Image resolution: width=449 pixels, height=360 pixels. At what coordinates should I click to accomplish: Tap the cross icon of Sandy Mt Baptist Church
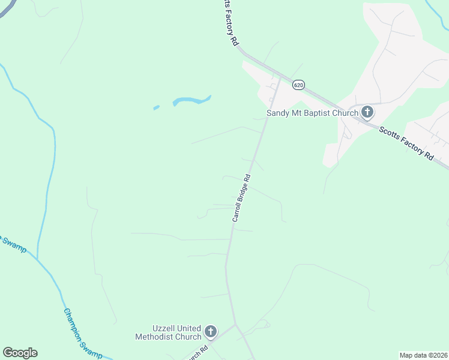[x=367, y=112]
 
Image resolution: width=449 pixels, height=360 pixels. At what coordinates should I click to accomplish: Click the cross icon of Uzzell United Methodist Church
[x=210, y=331]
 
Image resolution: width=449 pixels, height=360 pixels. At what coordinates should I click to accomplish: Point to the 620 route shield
[x=298, y=86]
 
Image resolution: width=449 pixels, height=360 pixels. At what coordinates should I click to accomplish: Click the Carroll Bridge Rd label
[x=241, y=198]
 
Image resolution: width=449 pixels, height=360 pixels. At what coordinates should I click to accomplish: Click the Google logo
[x=20, y=353]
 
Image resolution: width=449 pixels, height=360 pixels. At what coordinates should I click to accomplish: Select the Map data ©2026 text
[x=423, y=355]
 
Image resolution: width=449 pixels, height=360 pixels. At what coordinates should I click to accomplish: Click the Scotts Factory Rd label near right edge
[x=406, y=142]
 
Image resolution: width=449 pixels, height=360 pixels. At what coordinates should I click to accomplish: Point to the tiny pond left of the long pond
[x=157, y=108]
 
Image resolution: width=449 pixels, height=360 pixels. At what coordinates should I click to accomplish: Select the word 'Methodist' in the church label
[x=167, y=337]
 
